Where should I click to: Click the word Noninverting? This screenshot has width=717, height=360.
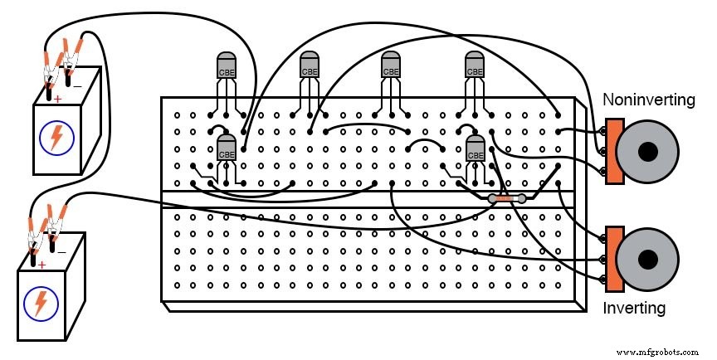(648, 100)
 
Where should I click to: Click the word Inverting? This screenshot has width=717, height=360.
(634, 309)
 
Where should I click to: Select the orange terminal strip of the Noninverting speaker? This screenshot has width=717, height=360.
(614, 151)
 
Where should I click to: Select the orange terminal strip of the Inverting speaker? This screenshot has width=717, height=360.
(614, 259)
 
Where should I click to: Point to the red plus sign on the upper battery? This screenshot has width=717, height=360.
(58, 99)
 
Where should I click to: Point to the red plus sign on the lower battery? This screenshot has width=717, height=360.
(41, 265)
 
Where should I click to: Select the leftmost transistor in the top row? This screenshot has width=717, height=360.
(226, 66)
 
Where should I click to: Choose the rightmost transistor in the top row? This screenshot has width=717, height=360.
(475, 66)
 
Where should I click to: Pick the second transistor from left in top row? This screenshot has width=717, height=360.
(309, 66)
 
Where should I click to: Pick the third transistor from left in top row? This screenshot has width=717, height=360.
(391, 66)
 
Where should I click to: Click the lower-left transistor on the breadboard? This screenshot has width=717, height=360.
(226, 150)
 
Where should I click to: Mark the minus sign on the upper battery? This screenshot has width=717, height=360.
(77, 85)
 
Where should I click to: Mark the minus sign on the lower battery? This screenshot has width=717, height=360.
(61, 251)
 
